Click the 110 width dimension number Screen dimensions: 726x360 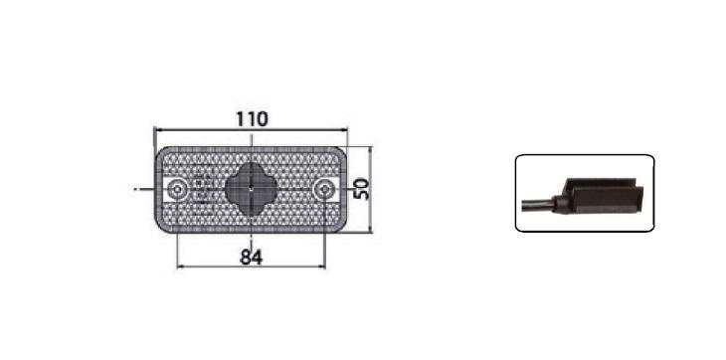pos(252,119)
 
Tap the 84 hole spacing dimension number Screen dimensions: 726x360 pos(252,258)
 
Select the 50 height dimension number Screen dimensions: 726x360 pos(362,189)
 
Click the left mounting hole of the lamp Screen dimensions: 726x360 pos(177,189)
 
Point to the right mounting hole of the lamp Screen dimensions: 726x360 pos(325,190)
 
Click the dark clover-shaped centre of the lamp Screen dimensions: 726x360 pos(251,189)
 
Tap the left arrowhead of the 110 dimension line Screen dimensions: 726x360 pos(157,130)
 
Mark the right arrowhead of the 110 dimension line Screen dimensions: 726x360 pos(343,130)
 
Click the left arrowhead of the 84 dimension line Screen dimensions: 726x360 pos(181,267)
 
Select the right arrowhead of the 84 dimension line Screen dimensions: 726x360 pos(321,267)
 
